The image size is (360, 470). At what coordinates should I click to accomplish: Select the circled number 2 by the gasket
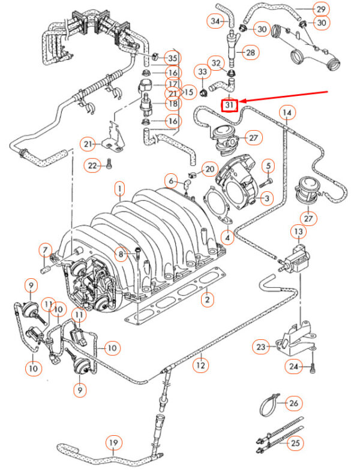[208, 298]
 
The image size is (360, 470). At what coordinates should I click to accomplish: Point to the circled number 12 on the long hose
[200, 364]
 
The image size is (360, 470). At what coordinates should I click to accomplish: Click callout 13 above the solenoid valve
[298, 231]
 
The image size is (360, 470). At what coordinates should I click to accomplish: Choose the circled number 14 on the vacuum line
[287, 112]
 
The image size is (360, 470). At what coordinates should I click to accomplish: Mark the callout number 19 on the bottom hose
[114, 444]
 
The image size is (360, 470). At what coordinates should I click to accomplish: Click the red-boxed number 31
[230, 106]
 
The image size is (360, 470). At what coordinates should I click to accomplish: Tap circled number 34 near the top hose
[215, 21]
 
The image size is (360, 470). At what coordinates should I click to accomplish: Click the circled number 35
[172, 58]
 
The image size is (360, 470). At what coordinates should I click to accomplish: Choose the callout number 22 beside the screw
[92, 165]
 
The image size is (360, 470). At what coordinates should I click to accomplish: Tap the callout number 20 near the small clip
[209, 170]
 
